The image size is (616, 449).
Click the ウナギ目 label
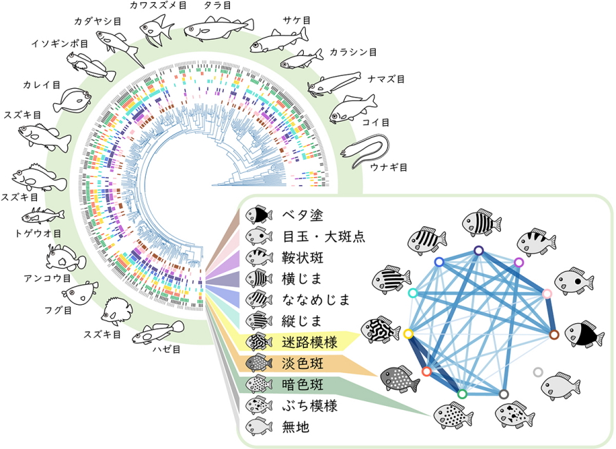point(388,167)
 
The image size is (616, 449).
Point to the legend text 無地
point(296,427)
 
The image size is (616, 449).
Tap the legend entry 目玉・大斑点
point(323,237)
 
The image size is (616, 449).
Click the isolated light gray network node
point(537,372)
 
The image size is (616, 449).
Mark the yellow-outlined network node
point(409,334)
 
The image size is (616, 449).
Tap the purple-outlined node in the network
point(518,262)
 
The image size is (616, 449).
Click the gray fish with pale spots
point(401,377)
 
